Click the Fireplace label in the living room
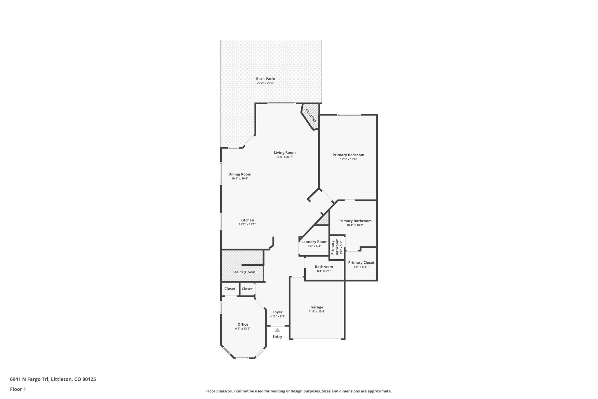pos(311,115)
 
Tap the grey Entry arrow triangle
pos(277,330)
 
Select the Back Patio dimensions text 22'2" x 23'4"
pos(265,83)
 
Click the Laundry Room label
pos(314,242)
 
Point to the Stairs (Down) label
pos(244,272)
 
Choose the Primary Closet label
pos(361,262)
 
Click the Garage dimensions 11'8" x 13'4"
pos(317,312)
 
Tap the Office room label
pos(243,324)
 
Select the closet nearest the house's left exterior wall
pos(230,289)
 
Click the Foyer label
pos(277,312)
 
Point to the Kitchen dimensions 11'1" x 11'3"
pos(247,224)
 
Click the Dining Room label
pos(240,174)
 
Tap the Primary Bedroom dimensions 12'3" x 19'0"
pos(348,159)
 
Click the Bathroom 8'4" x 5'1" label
pos(324,267)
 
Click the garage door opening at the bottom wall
pos(317,339)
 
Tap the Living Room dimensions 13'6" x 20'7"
pos(284,157)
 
